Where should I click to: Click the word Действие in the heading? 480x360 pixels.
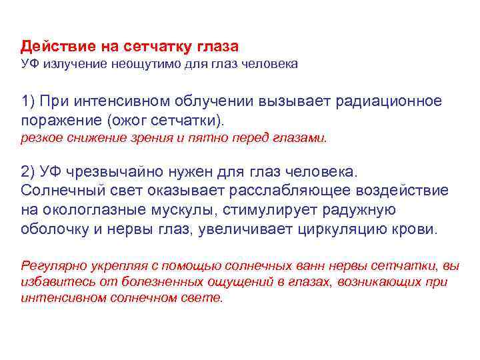point(53,47)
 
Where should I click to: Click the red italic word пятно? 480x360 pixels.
point(234,138)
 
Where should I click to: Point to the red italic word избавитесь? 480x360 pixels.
point(51,282)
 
